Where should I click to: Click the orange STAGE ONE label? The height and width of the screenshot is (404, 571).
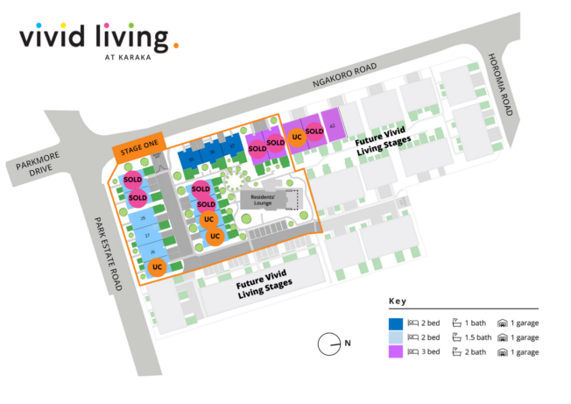[137, 151]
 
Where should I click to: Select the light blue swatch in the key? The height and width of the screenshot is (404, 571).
[396, 337]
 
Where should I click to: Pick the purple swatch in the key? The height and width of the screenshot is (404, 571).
[396, 352]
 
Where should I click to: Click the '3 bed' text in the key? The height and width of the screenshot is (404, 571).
[430, 352]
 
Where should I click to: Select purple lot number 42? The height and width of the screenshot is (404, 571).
[332, 126]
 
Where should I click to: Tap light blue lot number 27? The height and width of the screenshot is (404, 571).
[148, 236]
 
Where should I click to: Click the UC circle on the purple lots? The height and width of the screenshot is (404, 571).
[297, 137]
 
